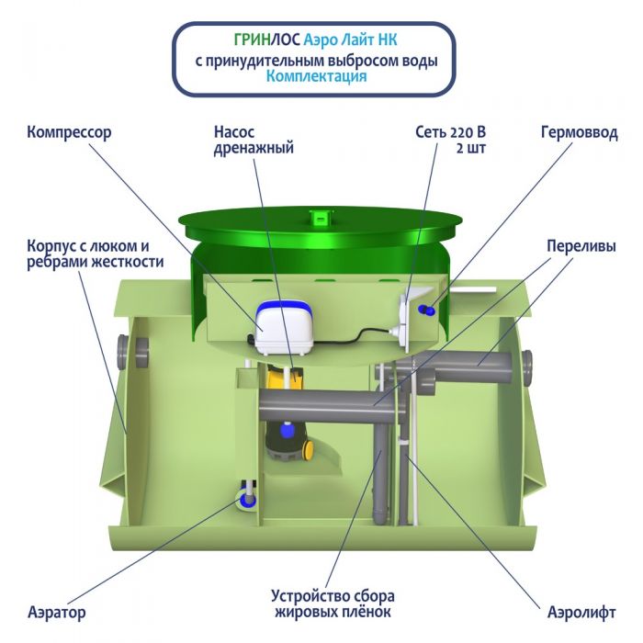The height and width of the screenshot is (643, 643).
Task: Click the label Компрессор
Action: click(69, 132)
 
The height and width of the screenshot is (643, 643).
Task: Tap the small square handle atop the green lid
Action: click(319, 218)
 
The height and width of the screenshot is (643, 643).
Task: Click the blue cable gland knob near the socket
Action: click(423, 310)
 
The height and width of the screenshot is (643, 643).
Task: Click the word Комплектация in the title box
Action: click(316, 77)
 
